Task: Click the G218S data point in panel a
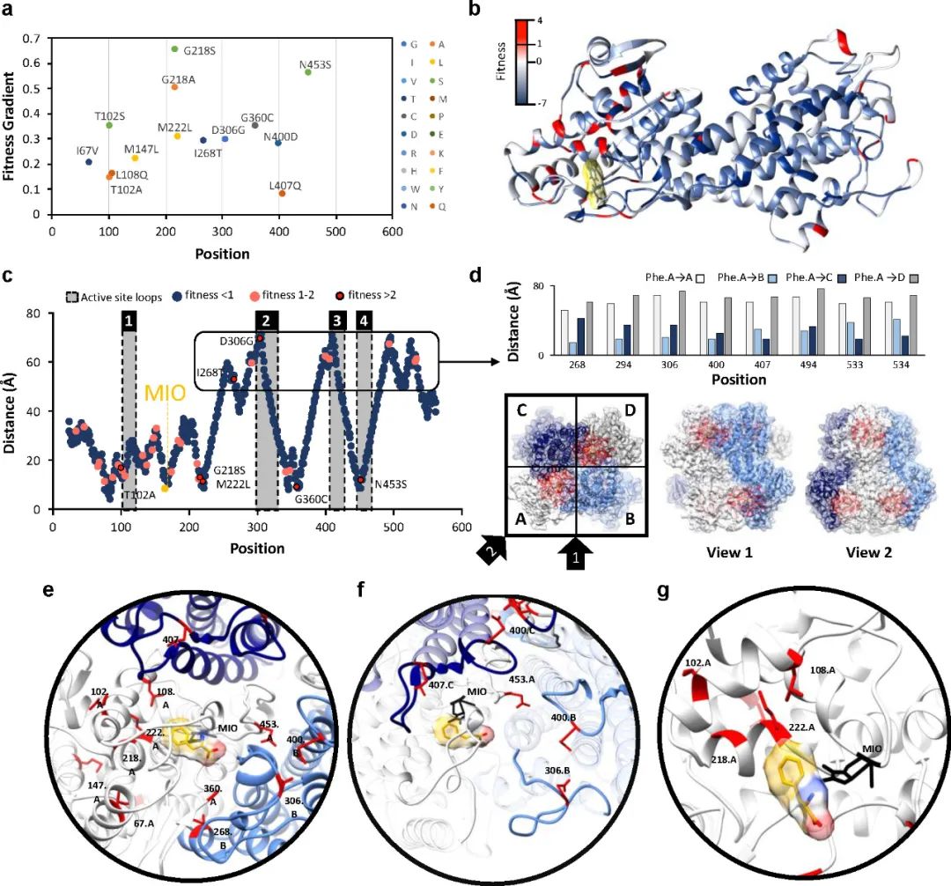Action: point(174,49)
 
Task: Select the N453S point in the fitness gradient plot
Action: point(307,72)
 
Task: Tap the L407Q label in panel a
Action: point(284,185)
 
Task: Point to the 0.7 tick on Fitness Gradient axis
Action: point(33,39)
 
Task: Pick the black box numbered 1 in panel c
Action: point(129,321)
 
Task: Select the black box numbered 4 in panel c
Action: point(364,321)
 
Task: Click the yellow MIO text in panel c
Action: point(166,393)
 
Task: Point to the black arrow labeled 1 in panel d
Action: point(575,555)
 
